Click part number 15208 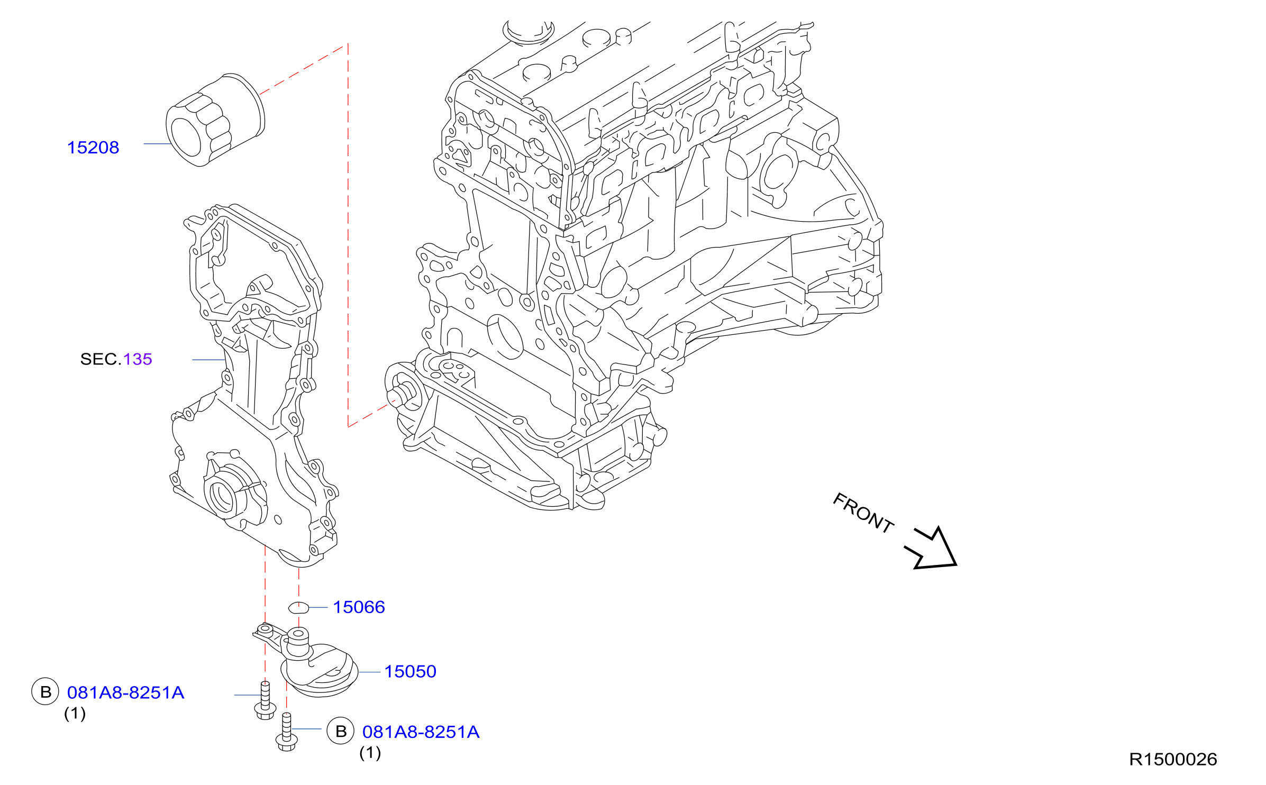pyautogui.click(x=93, y=148)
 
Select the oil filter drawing pyautogui.click(x=215, y=121)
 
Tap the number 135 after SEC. pyautogui.click(x=138, y=359)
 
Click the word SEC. pyautogui.click(x=101, y=359)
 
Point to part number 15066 pyautogui.click(x=359, y=607)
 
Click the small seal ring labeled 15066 pyautogui.click(x=298, y=608)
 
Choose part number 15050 pyautogui.click(x=410, y=672)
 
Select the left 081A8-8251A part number pyautogui.click(x=125, y=693)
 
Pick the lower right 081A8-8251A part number pyautogui.click(x=421, y=732)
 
